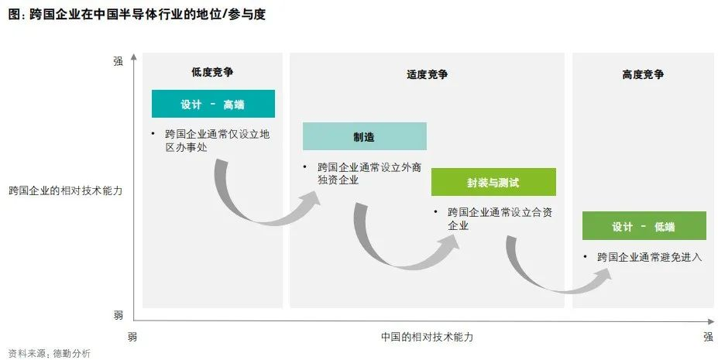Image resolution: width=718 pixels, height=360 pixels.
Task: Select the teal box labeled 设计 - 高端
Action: [x=212, y=104]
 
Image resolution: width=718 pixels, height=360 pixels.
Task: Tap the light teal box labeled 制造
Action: [x=364, y=137]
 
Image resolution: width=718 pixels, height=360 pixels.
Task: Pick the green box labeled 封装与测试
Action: [x=493, y=182]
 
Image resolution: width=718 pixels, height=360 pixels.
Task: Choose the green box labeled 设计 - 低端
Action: [x=644, y=226]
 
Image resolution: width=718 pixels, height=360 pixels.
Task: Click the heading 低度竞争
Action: [x=212, y=72]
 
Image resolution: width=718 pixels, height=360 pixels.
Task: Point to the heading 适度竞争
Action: [x=427, y=74]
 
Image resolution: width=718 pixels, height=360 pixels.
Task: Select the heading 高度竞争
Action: [x=643, y=74]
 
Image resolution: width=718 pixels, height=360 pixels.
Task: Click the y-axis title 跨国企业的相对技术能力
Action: [x=66, y=190]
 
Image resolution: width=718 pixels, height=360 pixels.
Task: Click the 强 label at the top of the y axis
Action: [x=119, y=60]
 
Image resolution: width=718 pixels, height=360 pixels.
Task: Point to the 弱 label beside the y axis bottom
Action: [x=119, y=314]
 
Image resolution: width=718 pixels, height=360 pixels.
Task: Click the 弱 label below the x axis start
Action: [x=132, y=337]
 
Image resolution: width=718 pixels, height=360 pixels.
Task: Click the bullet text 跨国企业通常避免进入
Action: [x=649, y=256]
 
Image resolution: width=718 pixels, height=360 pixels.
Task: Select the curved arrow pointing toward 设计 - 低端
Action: [x=542, y=279]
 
